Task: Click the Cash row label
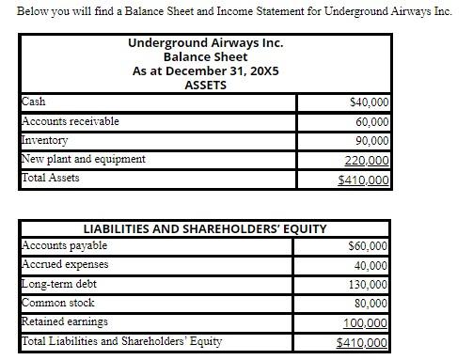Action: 33,102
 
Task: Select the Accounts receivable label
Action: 71,121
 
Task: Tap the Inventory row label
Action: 45,140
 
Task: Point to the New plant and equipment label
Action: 84,159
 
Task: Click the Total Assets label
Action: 51,178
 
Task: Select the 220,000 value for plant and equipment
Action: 370,161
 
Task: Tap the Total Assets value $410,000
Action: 366,180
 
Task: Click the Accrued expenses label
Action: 65,264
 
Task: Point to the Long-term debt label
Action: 59,284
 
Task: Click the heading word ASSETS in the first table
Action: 205,85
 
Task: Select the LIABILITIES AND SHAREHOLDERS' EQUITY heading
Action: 205,228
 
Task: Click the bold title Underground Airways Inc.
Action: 205,43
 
